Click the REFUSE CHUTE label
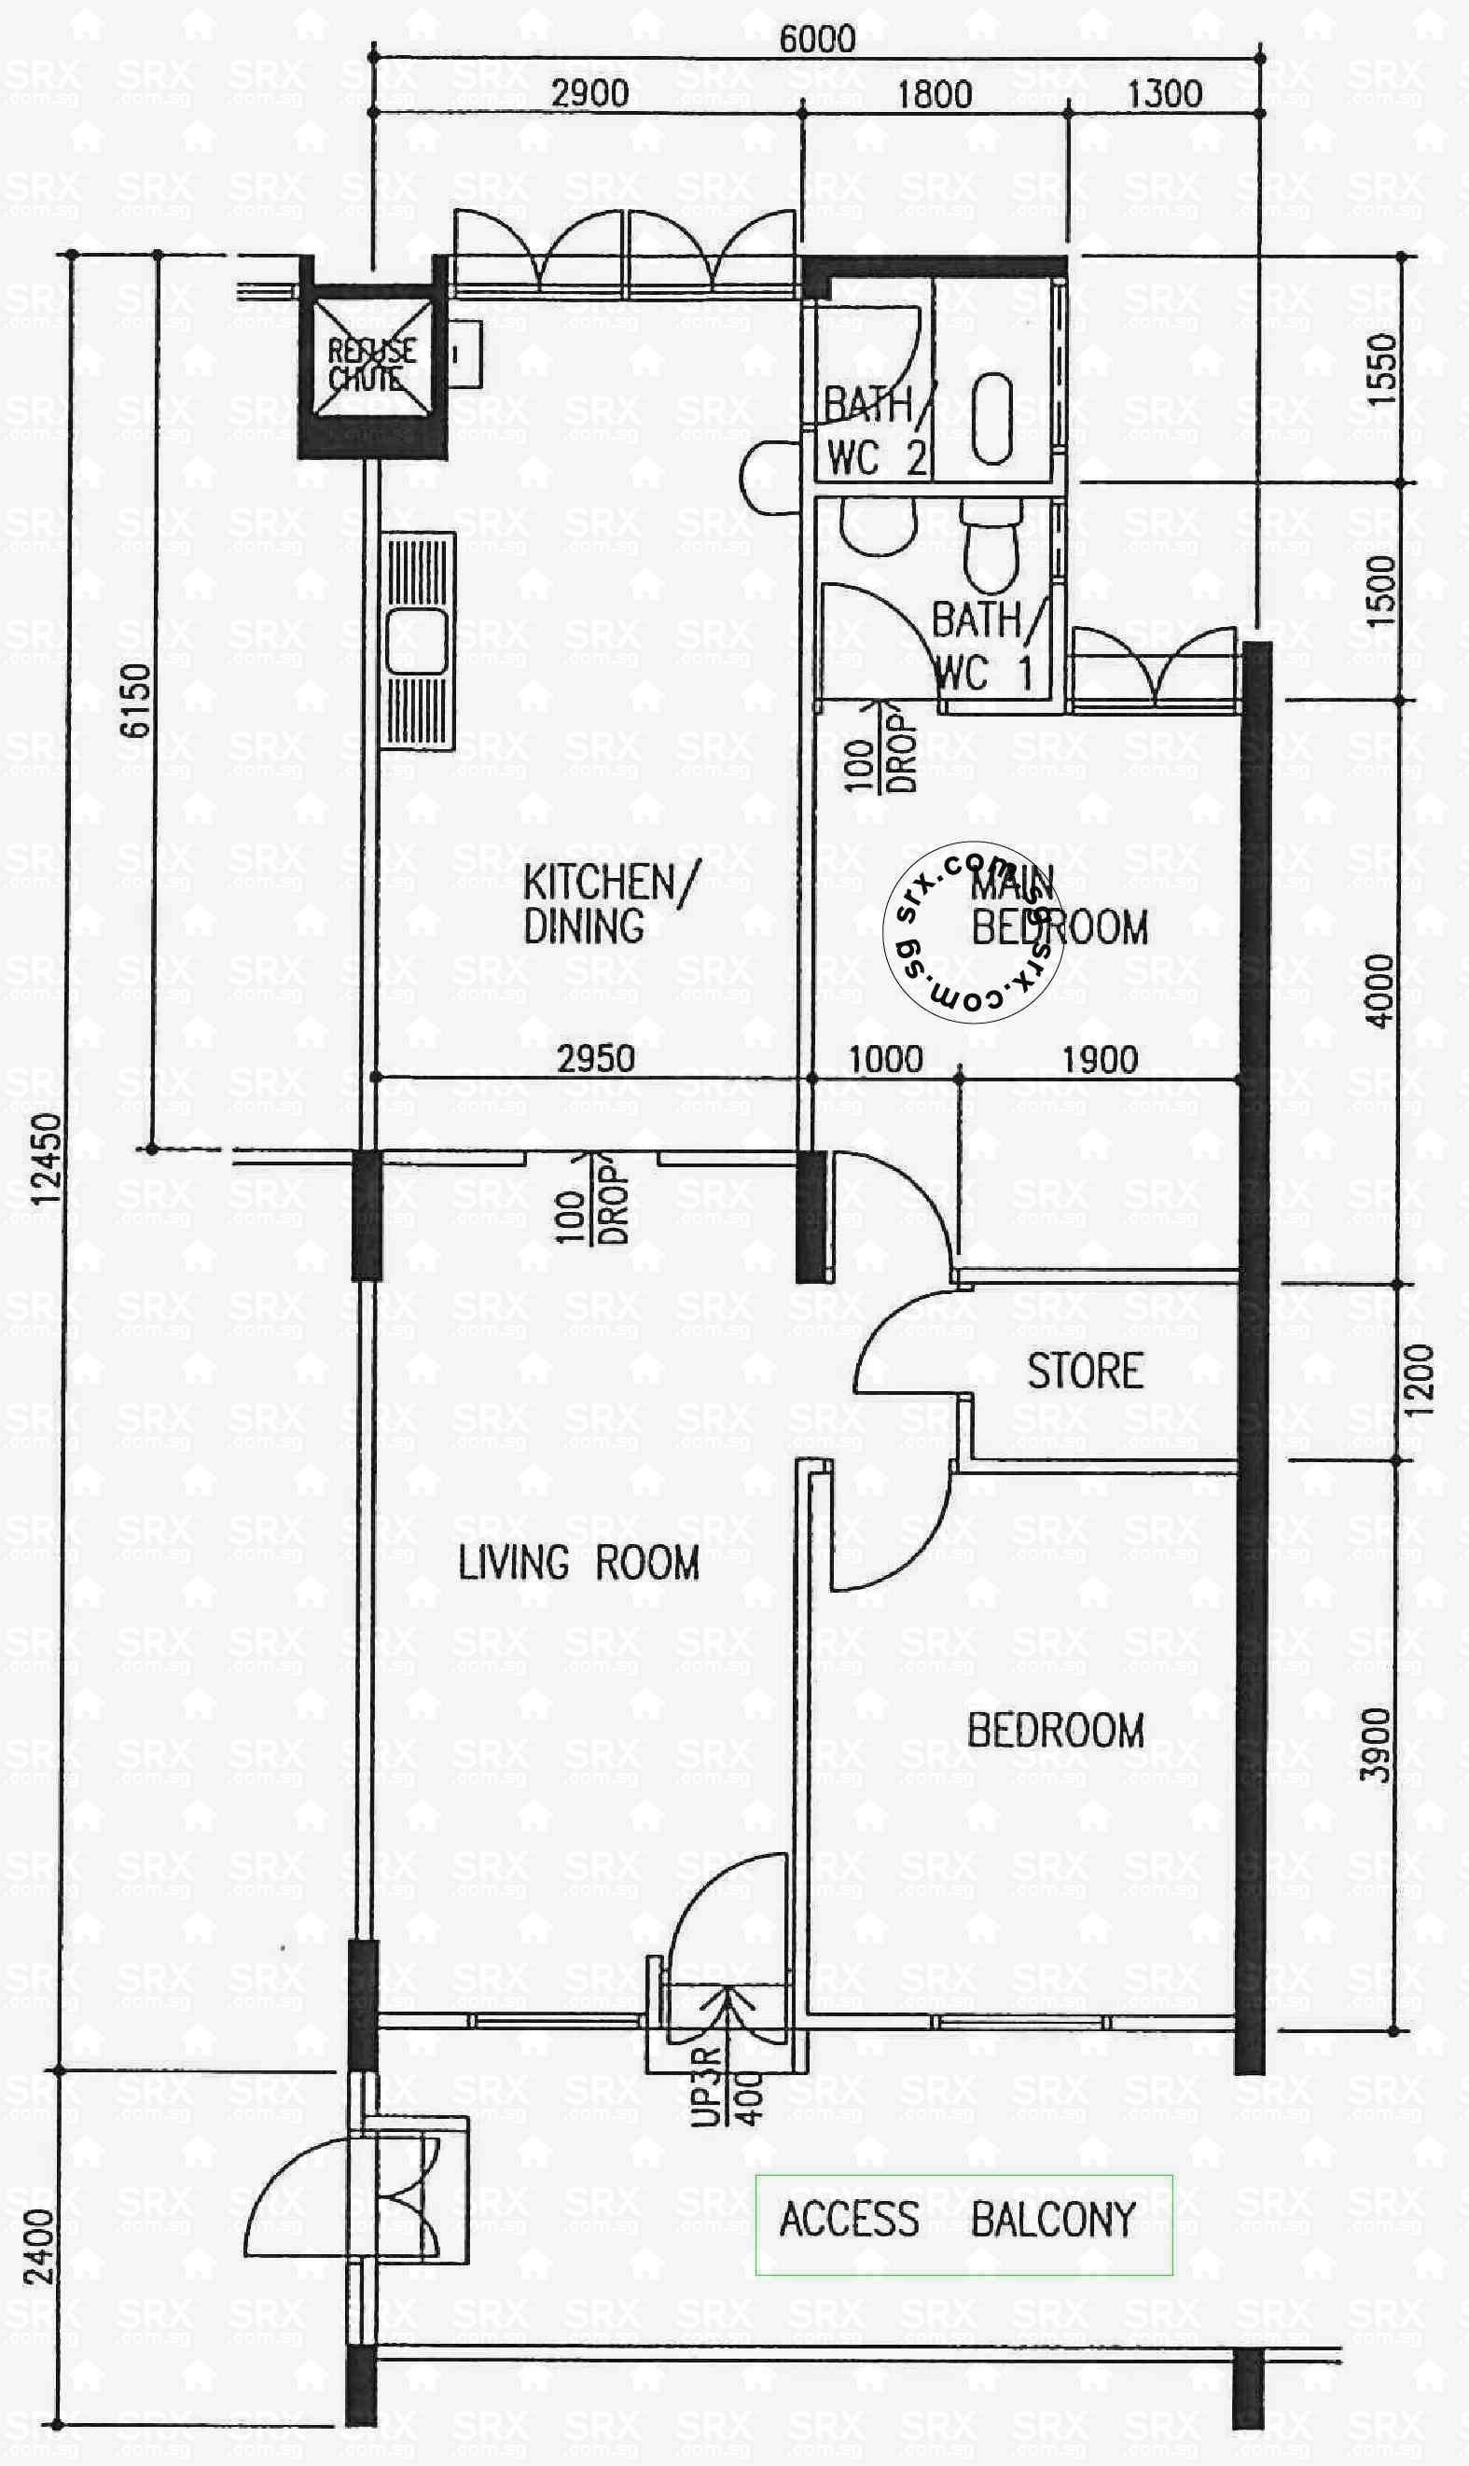[371, 364]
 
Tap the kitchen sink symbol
[418, 642]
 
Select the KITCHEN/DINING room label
[609, 903]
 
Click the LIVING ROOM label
[578, 1563]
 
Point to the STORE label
[1085, 1372]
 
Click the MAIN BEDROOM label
[1057, 906]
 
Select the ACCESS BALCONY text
[957, 2219]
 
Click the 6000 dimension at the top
[817, 39]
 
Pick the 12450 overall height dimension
[47, 1159]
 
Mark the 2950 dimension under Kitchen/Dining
[595, 1059]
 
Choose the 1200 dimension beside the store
[1419, 1380]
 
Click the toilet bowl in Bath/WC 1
[991, 545]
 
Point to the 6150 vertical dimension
[135, 701]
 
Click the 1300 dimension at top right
[1164, 94]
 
